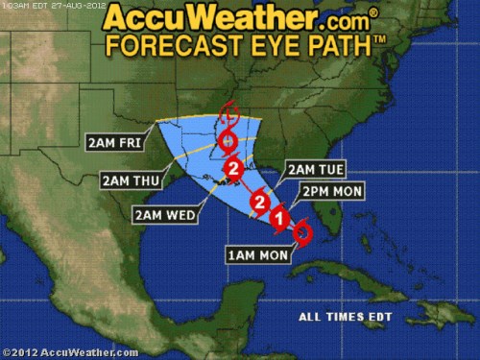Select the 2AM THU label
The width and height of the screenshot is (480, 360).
click(127, 179)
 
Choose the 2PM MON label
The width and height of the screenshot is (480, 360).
click(331, 192)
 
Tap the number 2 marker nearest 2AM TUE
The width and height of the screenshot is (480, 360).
click(258, 202)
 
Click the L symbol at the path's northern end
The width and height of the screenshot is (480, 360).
click(228, 117)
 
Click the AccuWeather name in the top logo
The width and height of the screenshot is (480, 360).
click(202, 16)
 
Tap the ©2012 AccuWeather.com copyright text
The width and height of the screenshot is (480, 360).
click(69, 352)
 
